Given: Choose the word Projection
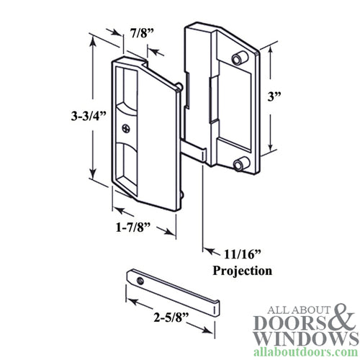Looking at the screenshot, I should point(243,271).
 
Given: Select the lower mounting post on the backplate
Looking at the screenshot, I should point(238,164).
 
